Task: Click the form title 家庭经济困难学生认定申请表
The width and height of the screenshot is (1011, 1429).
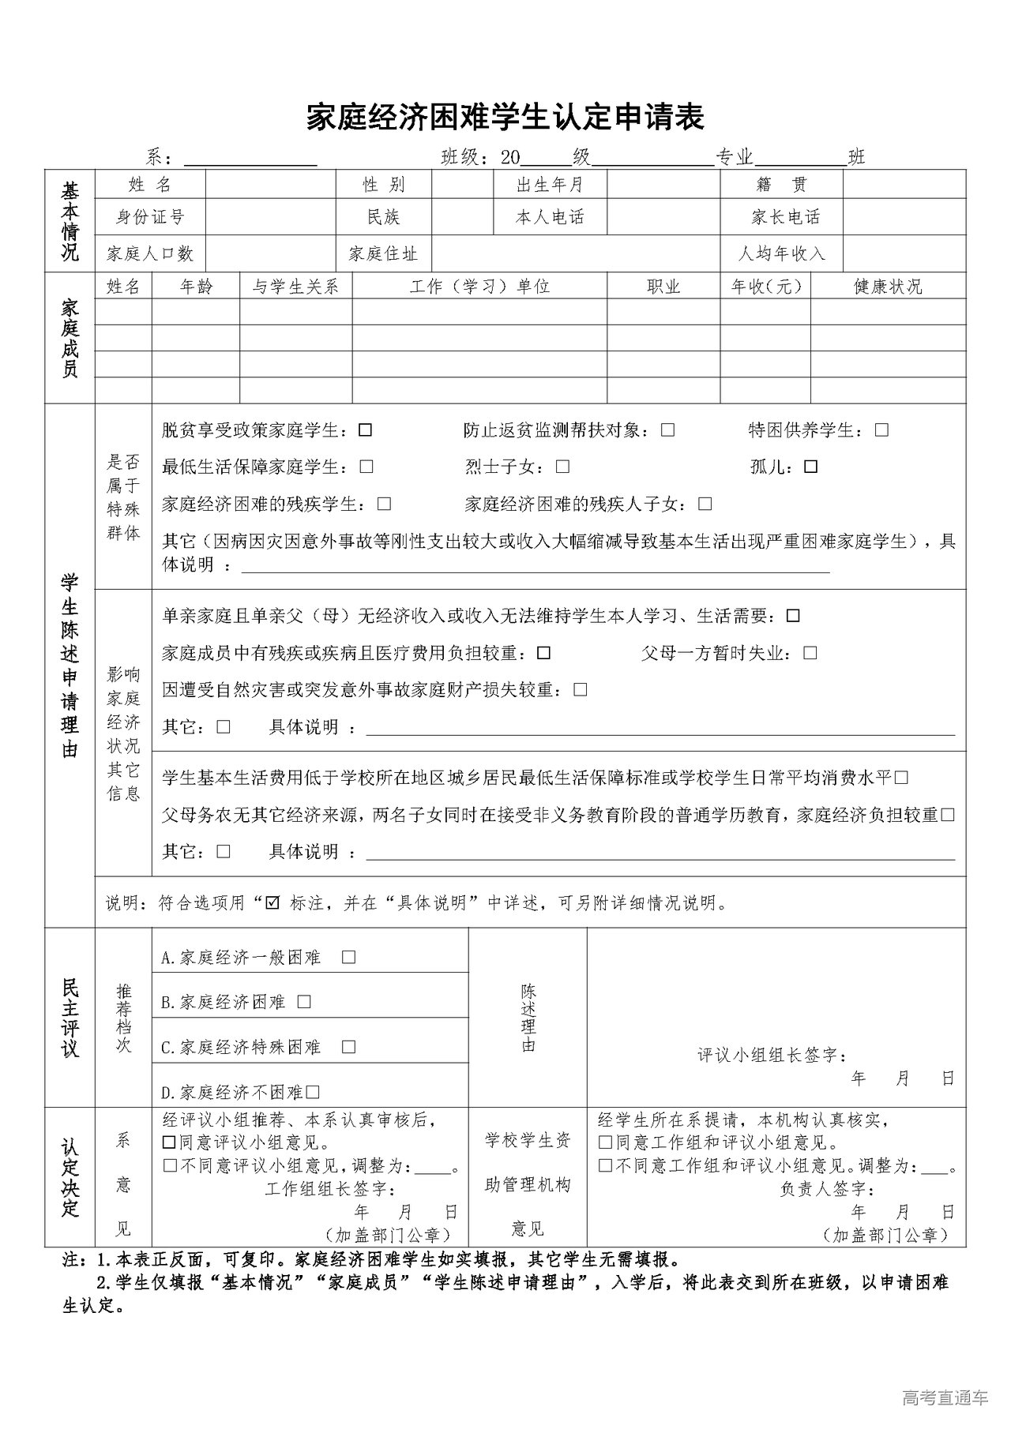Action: pyautogui.click(x=505, y=117)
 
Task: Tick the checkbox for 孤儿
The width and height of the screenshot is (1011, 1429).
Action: pyautogui.click(x=810, y=467)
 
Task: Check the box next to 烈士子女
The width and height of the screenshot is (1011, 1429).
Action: pyautogui.click(x=562, y=467)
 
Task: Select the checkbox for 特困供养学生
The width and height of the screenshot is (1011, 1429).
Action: pyautogui.click(x=881, y=430)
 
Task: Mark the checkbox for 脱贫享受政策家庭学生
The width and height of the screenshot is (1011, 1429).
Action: pyautogui.click(x=365, y=430)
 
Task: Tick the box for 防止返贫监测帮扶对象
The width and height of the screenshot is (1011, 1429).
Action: pyautogui.click(x=668, y=430)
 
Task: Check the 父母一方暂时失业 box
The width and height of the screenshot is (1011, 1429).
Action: pyautogui.click(x=810, y=653)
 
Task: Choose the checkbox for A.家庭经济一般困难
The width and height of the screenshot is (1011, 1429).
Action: pyautogui.click(x=348, y=957)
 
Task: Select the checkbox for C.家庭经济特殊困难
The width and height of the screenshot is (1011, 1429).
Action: pyautogui.click(x=348, y=1047)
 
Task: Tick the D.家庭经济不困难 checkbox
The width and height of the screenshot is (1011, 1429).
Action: pyautogui.click(x=313, y=1093)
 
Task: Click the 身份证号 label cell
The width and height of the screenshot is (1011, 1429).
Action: pyautogui.click(x=150, y=216)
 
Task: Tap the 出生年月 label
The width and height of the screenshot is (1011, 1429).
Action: pyautogui.click(x=550, y=185)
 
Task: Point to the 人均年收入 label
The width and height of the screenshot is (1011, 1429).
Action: pyautogui.click(x=781, y=253)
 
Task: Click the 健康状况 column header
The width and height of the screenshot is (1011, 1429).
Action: pyautogui.click(x=888, y=287)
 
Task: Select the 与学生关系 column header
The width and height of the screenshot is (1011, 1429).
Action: pyautogui.click(x=295, y=287)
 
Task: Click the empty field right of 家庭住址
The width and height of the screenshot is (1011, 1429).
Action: pyautogui.click(x=575, y=253)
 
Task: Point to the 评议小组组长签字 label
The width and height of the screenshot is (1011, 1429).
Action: pyautogui.click(x=772, y=1055)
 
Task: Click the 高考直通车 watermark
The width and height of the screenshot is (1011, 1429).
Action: pyautogui.click(x=945, y=1398)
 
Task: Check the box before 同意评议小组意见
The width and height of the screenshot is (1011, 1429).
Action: pyautogui.click(x=168, y=1142)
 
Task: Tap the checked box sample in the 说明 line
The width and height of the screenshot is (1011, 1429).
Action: pyautogui.click(x=273, y=902)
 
